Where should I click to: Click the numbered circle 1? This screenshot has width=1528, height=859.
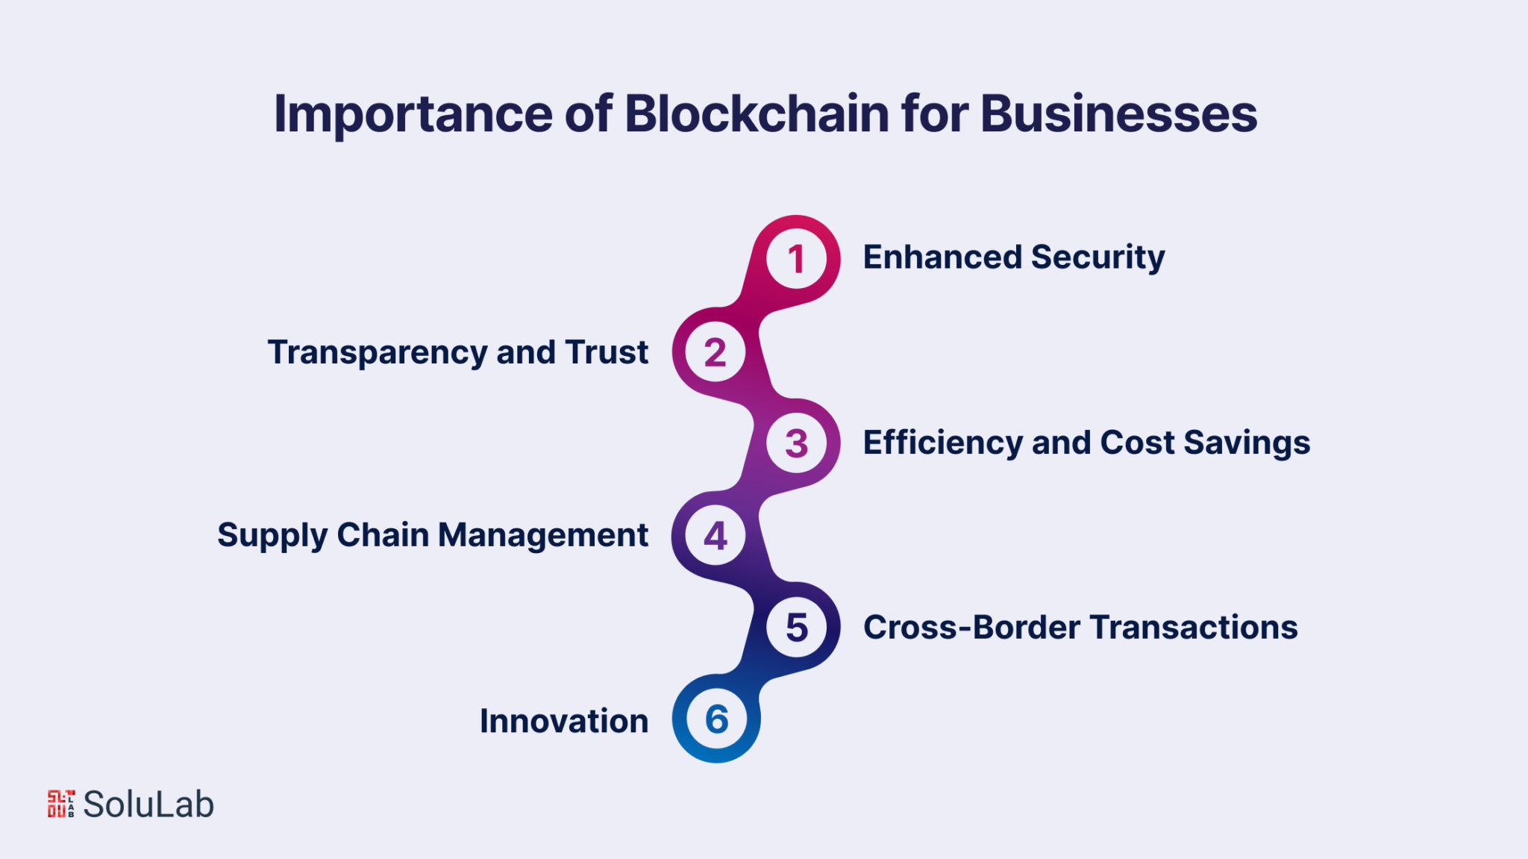tap(796, 259)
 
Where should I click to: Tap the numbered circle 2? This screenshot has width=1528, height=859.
tap(716, 352)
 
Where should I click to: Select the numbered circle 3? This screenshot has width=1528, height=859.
tap(796, 443)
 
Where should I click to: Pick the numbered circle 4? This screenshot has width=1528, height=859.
tap(716, 535)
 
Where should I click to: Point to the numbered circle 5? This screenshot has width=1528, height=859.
tap(796, 627)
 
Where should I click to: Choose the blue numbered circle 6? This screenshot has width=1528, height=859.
tap(716, 719)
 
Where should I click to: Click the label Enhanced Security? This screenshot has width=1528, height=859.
tap(1013, 257)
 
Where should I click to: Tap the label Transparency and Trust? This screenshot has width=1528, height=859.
tap(457, 352)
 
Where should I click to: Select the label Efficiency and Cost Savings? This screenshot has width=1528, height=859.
tap(1086, 443)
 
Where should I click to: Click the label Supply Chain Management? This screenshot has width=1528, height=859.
tap(433, 535)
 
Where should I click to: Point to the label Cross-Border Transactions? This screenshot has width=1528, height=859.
tap(1080, 627)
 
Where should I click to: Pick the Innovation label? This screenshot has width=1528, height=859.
tap(564, 721)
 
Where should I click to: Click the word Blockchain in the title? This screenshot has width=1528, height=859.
tap(757, 114)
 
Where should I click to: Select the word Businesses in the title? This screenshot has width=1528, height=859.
tap(1118, 114)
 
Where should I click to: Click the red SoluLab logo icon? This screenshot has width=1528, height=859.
tap(61, 804)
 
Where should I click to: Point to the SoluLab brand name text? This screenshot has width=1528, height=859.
tap(148, 805)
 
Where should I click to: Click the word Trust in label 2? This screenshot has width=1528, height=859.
tap(607, 352)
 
